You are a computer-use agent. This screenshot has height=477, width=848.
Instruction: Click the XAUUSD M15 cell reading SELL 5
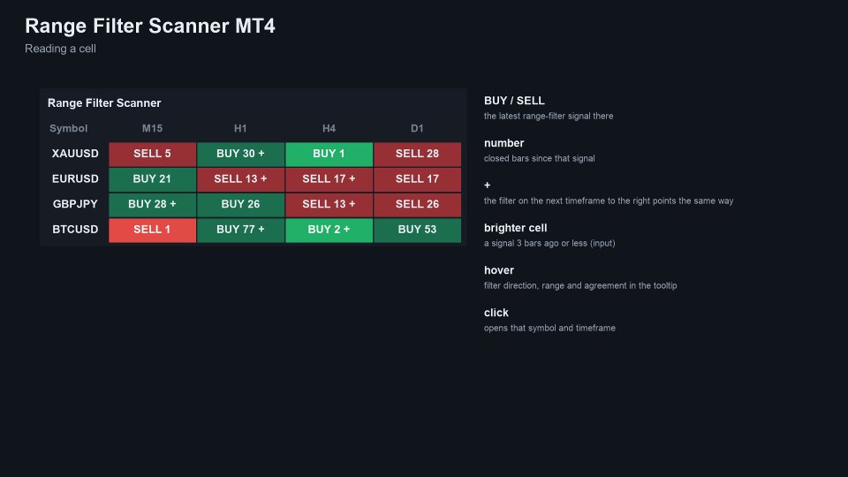[x=152, y=154]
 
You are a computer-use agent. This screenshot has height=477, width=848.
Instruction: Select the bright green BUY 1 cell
[x=329, y=154]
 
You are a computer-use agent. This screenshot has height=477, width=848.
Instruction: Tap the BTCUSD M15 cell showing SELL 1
[x=152, y=230]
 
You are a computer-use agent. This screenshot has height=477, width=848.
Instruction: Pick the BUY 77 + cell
[x=240, y=230]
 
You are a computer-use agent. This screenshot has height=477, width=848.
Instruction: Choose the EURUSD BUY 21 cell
[x=152, y=179]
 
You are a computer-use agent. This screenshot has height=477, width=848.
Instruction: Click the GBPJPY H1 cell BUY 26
[x=240, y=204]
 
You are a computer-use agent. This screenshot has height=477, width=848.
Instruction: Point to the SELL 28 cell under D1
[x=417, y=154]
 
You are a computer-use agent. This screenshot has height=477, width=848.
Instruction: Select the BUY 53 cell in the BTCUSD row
[x=417, y=230]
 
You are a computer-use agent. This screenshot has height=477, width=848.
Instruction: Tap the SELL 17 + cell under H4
[x=329, y=179]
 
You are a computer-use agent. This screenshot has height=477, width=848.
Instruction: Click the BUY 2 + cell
[x=329, y=230]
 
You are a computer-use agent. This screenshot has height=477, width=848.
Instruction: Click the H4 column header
[x=329, y=129]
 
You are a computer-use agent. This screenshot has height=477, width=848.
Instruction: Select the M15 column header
[x=152, y=129]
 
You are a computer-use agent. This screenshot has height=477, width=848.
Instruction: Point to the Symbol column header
[x=68, y=129]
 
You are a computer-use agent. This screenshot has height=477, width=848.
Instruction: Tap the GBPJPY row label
[x=75, y=204]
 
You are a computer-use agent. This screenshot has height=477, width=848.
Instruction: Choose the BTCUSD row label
[x=75, y=230]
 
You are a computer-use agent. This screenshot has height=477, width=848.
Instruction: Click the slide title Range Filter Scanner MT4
[x=150, y=26]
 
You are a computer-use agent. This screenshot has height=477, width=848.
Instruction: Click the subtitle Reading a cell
[x=61, y=49]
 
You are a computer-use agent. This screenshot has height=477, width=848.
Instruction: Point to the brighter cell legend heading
[x=515, y=228]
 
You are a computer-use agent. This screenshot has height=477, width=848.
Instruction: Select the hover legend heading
[x=498, y=270]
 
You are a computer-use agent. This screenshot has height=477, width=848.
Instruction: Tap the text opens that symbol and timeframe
[x=549, y=329]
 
